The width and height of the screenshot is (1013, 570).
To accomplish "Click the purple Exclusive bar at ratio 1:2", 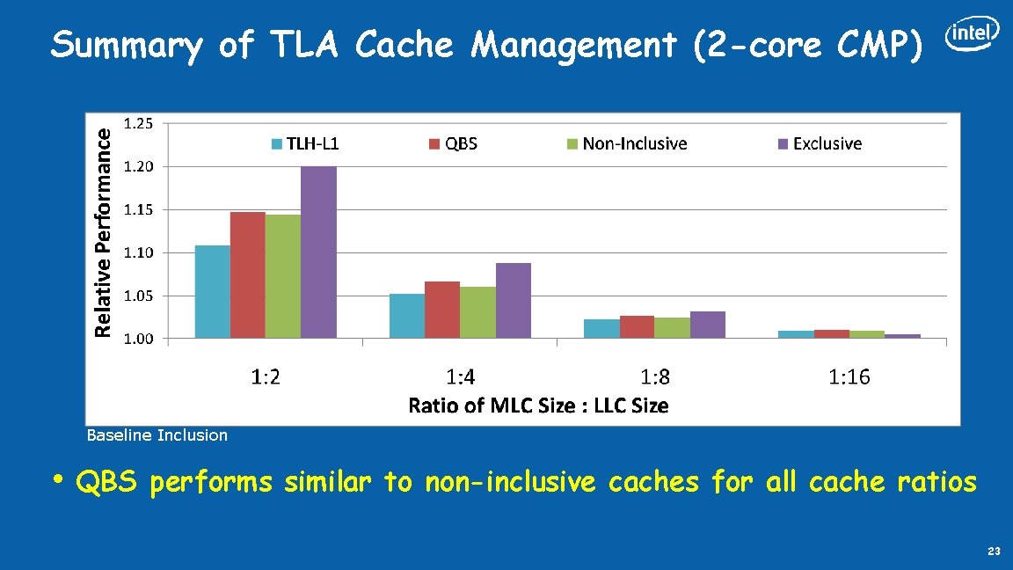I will (x=318, y=252).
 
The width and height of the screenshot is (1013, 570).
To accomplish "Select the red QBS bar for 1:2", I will (x=247, y=275).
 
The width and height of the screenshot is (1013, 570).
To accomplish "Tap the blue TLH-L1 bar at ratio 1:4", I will (x=406, y=316).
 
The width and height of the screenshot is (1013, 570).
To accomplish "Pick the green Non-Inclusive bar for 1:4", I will (x=477, y=312).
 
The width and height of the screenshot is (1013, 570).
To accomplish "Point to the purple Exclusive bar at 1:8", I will (x=708, y=325).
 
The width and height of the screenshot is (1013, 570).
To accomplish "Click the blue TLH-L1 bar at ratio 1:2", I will (x=212, y=292).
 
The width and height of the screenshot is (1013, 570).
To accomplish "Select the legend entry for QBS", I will (x=454, y=143).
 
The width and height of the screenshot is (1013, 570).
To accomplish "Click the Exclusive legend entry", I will (x=819, y=143).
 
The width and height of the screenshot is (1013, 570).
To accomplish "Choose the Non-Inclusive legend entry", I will (x=626, y=143).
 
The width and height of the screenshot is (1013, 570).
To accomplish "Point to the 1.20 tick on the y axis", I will (x=137, y=166).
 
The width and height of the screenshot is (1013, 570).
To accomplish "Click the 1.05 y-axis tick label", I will (x=137, y=296).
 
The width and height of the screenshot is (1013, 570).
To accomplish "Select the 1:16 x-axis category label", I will (x=849, y=377).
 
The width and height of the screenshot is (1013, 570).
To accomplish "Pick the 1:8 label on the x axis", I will (x=654, y=377).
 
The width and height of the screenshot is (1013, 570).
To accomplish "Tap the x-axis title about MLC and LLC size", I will (x=538, y=406).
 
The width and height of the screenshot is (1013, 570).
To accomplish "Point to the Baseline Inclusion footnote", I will (x=157, y=435).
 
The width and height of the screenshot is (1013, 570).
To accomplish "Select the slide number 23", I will (x=994, y=552).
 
